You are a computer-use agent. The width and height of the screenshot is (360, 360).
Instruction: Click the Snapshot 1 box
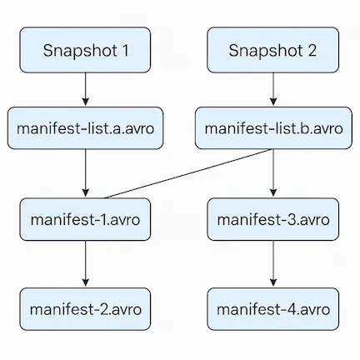coord(86,49)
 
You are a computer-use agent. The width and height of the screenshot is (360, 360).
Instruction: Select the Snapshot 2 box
coord(272,49)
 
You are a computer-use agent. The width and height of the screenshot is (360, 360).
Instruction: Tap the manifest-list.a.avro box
coord(86,128)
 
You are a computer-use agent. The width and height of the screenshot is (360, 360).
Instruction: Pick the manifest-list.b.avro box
coord(272,128)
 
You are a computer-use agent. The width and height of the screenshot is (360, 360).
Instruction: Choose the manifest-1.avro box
coord(86,220)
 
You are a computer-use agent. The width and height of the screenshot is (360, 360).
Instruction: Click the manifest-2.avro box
coord(86,309)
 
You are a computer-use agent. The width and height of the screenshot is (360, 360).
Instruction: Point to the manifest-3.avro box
coord(272,220)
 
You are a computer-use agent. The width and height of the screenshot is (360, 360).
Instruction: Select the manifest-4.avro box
coord(272,309)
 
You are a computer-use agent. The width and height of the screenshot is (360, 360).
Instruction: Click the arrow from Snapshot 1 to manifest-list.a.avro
coord(86,89)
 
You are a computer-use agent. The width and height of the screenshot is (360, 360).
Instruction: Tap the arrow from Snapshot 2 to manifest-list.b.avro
coord(272,89)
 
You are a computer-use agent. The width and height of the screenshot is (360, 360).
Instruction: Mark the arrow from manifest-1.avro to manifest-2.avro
coord(86,264)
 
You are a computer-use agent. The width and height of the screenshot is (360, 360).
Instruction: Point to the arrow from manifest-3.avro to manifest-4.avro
coord(272,264)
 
